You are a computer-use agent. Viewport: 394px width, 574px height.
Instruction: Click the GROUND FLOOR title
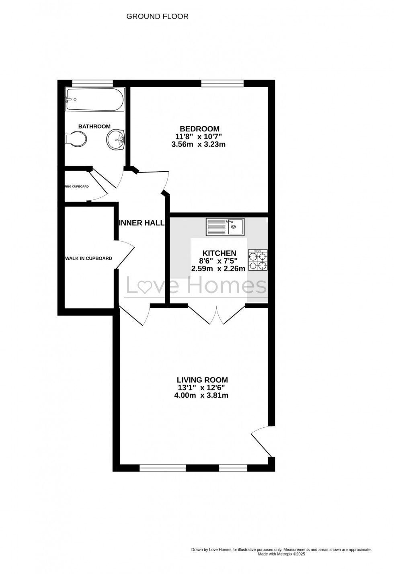[x=157, y=16]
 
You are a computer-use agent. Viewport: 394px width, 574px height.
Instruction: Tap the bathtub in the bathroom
[x=95, y=100]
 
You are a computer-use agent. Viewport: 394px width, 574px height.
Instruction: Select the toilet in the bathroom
[x=76, y=139]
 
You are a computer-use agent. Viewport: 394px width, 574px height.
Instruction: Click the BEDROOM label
[x=199, y=129]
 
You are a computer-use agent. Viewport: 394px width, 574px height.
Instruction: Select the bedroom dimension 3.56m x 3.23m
[x=198, y=144]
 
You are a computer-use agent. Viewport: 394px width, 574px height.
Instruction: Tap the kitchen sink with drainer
[x=225, y=227]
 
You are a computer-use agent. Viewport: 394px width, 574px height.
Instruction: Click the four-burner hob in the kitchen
[x=258, y=260]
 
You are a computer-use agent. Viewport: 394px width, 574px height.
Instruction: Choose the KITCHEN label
[x=219, y=253]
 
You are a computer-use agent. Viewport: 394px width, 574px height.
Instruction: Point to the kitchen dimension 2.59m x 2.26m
[x=218, y=269]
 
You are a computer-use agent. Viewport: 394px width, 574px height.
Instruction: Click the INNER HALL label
[x=142, y=223]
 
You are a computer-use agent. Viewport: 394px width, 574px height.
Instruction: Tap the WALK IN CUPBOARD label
[x=88, y=258]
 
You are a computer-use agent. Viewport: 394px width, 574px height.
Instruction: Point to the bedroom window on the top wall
[x=222, y=84]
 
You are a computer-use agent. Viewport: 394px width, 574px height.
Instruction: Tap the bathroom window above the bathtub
[x=92, y=84]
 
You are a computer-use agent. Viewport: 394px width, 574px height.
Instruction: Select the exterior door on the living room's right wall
[x=262, y=442]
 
